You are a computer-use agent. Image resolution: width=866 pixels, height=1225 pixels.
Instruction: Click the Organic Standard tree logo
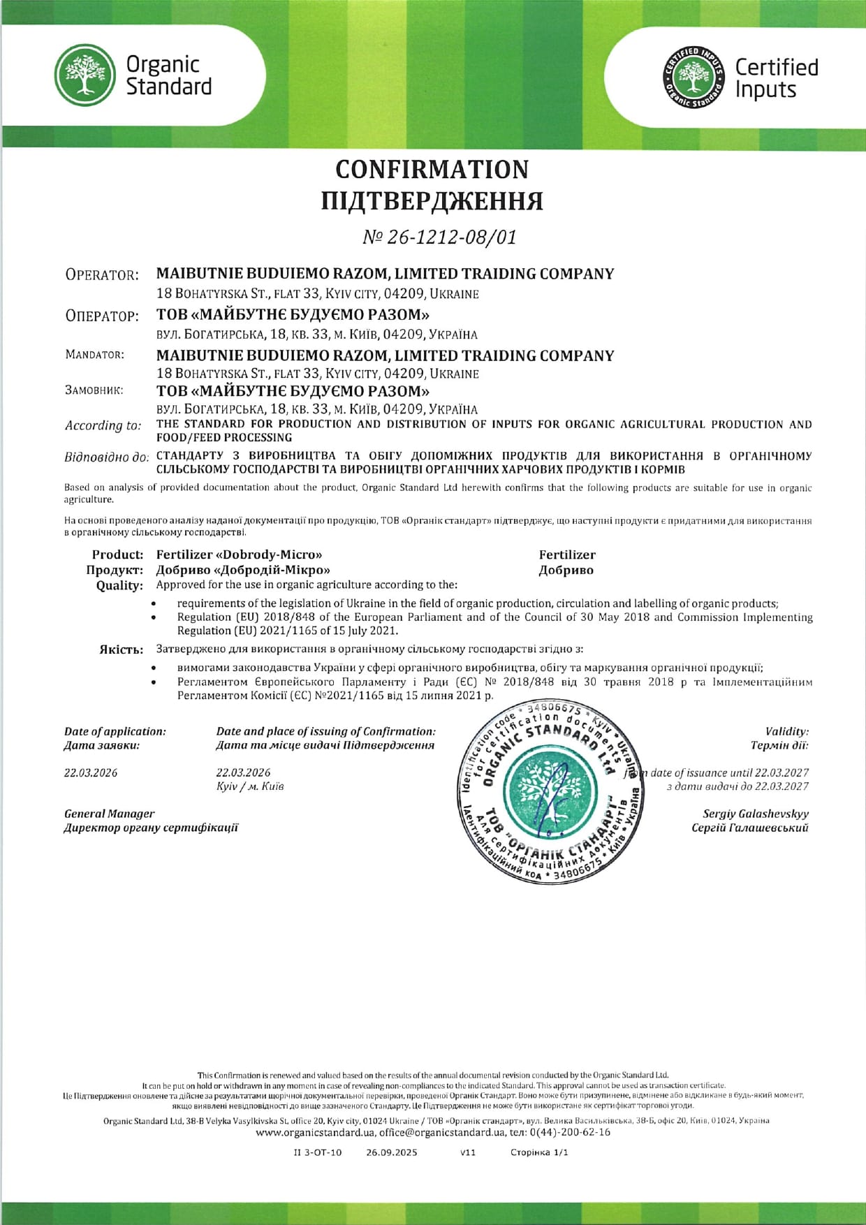(x=85, y=75)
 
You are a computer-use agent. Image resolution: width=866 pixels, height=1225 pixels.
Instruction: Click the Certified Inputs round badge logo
(x=693, y=77)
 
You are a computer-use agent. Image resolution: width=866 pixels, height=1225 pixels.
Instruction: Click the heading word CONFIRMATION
(x=432, y=169)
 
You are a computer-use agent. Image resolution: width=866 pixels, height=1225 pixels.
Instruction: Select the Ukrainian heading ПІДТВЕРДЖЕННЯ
(x=432, y=201)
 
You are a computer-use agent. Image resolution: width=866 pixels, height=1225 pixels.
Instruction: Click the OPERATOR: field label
(x=102, y=274)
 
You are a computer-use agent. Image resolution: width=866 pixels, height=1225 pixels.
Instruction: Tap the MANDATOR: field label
(x=95, y=355)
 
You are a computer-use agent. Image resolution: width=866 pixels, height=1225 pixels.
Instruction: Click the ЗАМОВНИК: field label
(x=94, y=390)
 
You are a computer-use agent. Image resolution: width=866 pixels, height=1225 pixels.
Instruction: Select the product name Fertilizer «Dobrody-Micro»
(x=239, y=555)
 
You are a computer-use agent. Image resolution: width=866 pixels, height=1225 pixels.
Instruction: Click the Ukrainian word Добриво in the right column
(x=566, y=570)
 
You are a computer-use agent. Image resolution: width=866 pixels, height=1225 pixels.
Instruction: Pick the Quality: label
(x=119, y=585)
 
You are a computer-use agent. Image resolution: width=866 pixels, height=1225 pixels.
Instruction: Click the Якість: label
(x=122, y=650)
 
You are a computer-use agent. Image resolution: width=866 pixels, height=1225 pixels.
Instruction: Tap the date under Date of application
(x=91, y=772)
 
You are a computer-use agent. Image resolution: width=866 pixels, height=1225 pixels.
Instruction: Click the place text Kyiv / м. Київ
(x=250, y=786)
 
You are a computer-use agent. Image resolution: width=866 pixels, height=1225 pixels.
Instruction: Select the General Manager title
(x=110, y=814)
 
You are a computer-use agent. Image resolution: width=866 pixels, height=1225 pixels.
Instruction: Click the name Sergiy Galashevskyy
(x=755, y=814)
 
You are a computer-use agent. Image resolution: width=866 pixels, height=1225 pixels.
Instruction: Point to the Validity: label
(x=786, y=731)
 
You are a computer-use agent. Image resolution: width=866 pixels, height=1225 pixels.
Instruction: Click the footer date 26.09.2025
(x=391, y=1152)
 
